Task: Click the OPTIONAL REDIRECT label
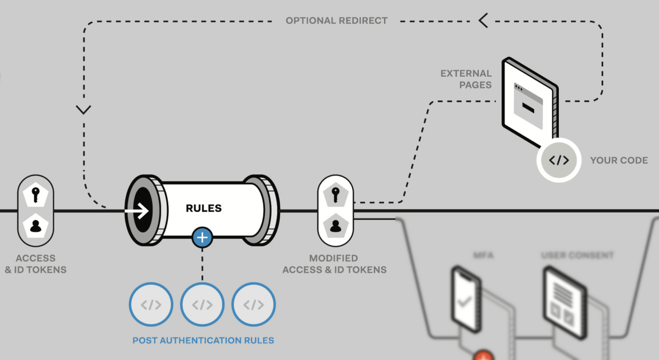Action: pyautogui.click(x=337, y=21)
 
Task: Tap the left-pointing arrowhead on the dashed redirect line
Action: pyautogui.click(x=483, y=21)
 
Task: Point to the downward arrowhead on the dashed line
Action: pyautogui.click(x=83, y=109)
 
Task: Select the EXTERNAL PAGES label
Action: pyautogui.click(x=466, y=79)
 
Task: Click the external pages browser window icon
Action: pyautogui.click(x=529, y=103)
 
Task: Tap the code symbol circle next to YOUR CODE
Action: pyautogui.click(x=559, y=160)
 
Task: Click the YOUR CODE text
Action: pyautogui.click(x=619, y=160)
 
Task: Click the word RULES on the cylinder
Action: pyautogui.click(x=203, y=208)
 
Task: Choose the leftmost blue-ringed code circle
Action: pyautogui.click(x=151, y=304)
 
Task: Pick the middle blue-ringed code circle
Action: pyautogui.click(x=202, y=304)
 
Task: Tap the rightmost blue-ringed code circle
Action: pyautogui.click(x=253, y=304)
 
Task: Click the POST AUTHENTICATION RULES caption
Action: pyautogui.click(x=203, y=340)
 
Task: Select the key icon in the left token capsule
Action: pyautogui.click(x=36, y=194)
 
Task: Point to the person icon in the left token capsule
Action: pyautogui.click(x=36, y=226)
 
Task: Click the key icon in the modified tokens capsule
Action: pyautogui.click(x=336, y=194)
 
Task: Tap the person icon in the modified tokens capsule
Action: pyautogui.click(x=336, y=226)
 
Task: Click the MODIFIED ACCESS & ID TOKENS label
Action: pyautogui.click(x=334, y=264)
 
